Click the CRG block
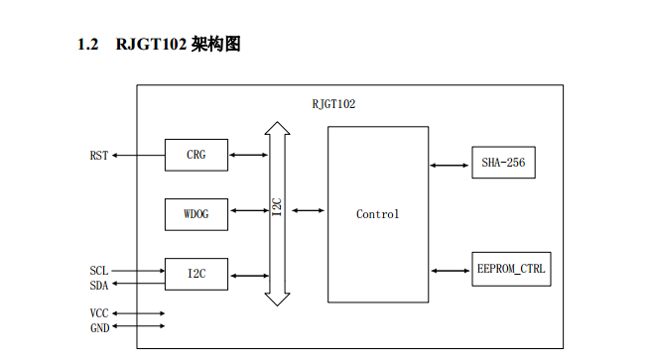click(196, 155)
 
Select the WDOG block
click(196, 212)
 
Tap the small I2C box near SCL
click(196, 273)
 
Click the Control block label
click(377, 214)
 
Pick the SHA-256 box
click(503, 163)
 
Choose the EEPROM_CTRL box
click(511, 270)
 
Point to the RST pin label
click(99, 156)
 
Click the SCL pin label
click(99, 270)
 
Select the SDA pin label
click(99, 286)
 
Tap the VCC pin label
click(99, 313)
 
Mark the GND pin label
click(99, 328)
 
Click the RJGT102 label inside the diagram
click(333, 103)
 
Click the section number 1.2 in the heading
click(88, 45)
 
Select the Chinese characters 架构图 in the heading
click(215, 45)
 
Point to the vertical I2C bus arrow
click(278, 212)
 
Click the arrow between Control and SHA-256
click(450, 164)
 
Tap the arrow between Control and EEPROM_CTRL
click(450, 270)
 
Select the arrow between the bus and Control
click(309, 210)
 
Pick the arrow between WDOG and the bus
click(248, 210)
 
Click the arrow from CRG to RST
click(138, 156)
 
